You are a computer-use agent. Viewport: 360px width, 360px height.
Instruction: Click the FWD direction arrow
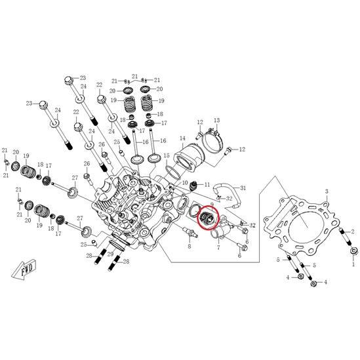(24, 269)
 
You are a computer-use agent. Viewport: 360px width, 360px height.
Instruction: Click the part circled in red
(206, 218)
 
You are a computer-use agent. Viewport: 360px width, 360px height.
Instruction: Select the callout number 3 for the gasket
(327, 191)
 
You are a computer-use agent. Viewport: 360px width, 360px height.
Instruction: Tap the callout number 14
(182, 138)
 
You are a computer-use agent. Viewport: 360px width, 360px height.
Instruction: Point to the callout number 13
(217, 120)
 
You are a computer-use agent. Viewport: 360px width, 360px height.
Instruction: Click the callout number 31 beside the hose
(243, 188)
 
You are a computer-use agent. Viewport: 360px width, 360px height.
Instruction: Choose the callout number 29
(111, 254)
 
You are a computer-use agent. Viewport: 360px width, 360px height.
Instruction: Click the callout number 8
(190, 247)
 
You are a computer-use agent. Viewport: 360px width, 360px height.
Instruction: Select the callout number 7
(218, 247)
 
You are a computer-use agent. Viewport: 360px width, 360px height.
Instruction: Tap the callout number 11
(207, 185)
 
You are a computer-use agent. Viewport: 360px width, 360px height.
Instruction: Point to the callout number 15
(167, 155)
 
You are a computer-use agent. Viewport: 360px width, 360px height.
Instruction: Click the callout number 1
(353, 264)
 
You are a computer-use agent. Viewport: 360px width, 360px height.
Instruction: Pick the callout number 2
(353, 232)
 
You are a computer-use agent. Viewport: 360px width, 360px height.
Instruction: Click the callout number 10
(185, 183)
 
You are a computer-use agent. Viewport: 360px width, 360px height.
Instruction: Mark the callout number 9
(212, 205)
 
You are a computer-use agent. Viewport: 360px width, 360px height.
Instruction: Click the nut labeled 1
(354, 251)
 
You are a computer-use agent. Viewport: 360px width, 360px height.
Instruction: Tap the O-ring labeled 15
(172, 172)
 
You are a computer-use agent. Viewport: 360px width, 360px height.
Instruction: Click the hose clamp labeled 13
(213, 140)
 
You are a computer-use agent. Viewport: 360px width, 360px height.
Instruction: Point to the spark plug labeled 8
(190, 232)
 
